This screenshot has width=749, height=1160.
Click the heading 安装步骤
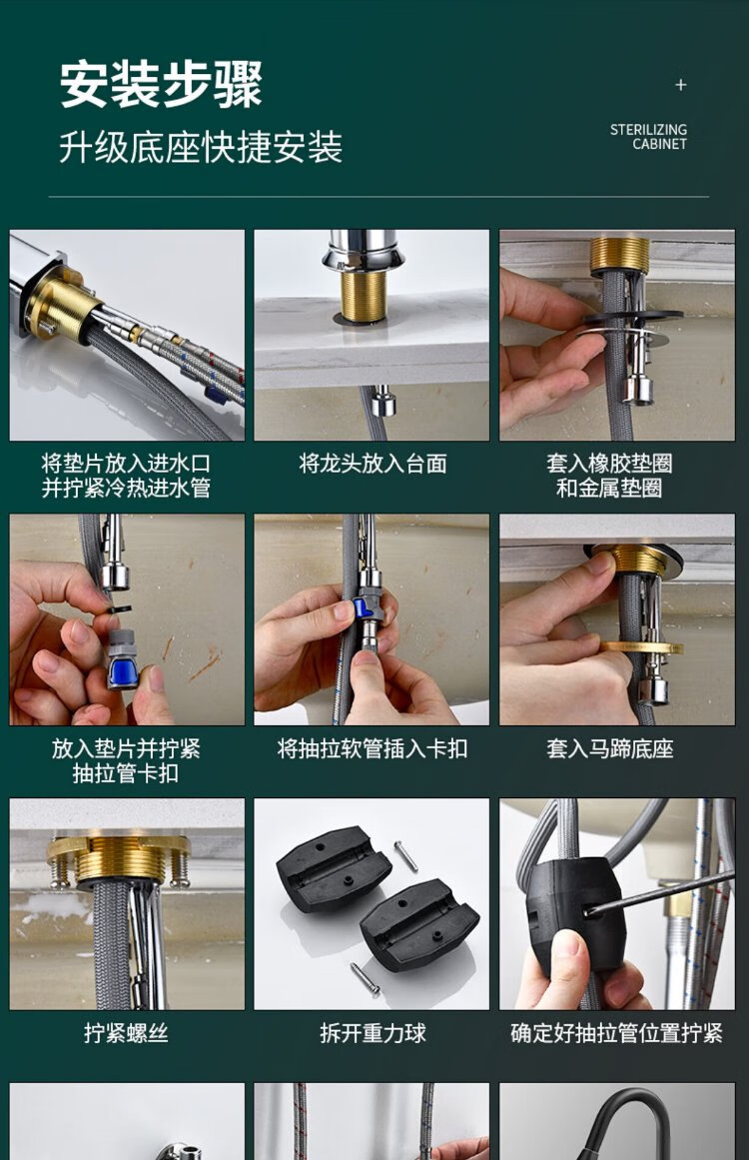[x=161, y=84]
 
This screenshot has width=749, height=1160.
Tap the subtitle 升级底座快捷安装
[x=201, y=147]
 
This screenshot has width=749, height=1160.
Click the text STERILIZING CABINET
[x=648, y=137]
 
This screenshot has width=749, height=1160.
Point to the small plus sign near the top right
[x=681, y=85]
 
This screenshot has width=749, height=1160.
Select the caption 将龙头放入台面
[x=373, y=464]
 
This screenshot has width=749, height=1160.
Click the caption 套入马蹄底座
[x=610, y=748]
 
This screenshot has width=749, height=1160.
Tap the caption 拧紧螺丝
[x=127, y=1033]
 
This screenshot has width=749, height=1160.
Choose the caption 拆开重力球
[x=373, y=1033]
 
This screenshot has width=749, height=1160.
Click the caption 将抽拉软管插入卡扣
[x=373, y=748]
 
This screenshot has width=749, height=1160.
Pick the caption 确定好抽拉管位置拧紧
[x=616, y=1033]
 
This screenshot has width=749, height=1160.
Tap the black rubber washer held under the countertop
[x=633, y=318]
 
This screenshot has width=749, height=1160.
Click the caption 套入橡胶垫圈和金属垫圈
[x=610, y=476]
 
